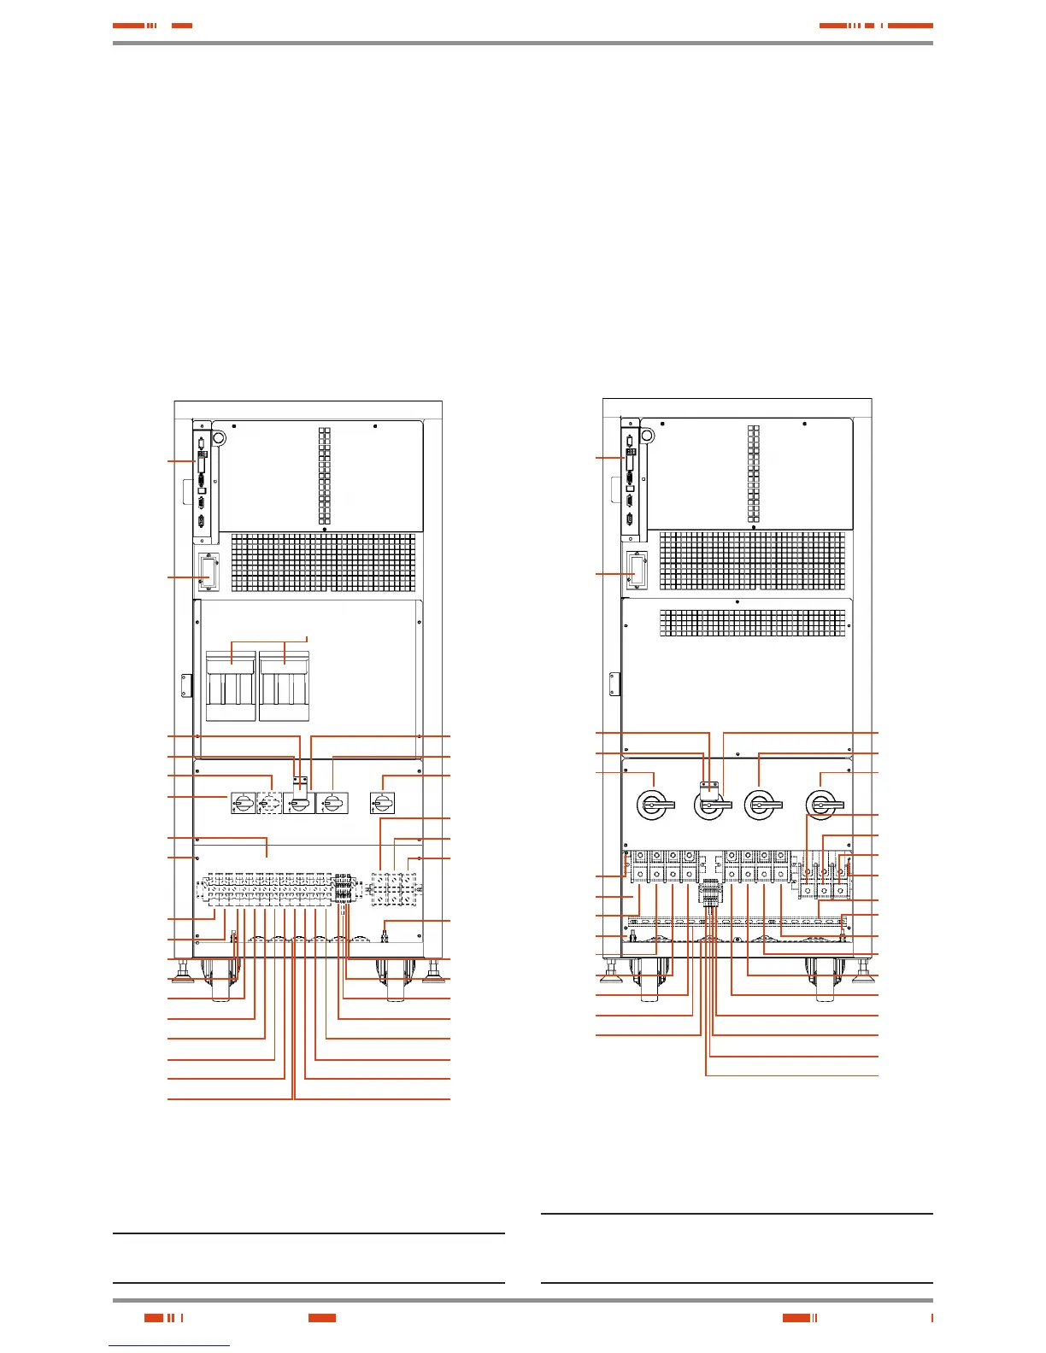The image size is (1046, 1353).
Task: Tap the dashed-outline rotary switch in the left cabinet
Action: (269, 803)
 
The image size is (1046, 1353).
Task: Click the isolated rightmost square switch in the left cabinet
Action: (382, 803)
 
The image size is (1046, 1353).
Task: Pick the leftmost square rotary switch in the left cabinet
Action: (242, 803)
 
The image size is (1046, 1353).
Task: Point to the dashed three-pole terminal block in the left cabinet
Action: (394, 889)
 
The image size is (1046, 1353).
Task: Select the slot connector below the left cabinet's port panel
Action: (206, 572)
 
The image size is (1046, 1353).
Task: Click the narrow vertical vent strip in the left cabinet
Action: (325, 476)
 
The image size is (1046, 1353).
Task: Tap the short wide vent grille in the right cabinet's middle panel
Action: (753, 622)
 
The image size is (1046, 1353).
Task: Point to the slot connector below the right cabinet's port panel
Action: (634, 569)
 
